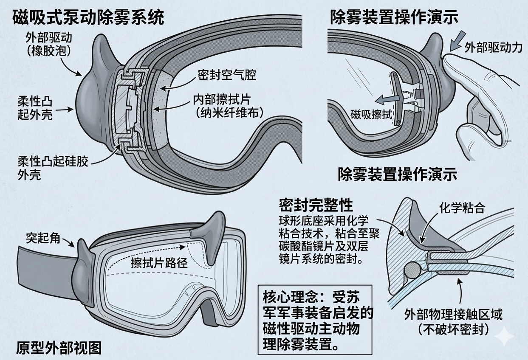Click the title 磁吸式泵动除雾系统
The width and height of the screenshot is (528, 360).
point(89,17)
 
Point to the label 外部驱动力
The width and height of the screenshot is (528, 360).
point(493,47)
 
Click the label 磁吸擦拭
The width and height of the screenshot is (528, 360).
point(371,114)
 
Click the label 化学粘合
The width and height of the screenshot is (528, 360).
point(462,208)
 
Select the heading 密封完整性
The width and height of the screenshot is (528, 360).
point(316,206)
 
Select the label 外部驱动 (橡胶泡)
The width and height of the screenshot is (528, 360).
point(48,44)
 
